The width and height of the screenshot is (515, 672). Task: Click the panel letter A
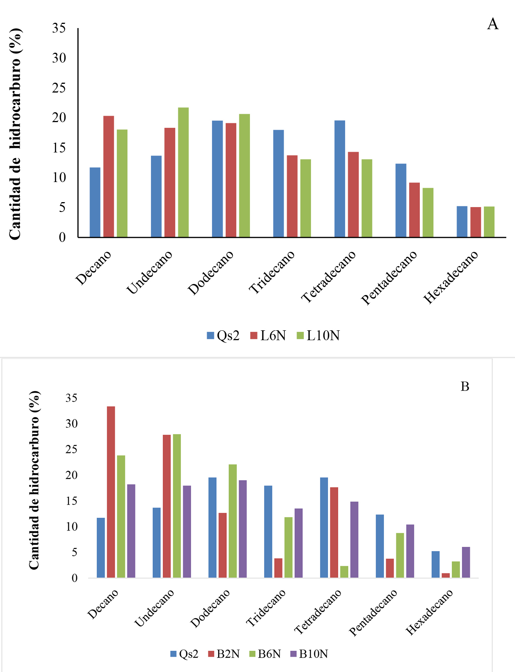coord(493,24)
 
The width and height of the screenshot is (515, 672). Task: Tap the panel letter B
coord(465,386)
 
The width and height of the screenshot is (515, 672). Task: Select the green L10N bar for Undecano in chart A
coord(183,173)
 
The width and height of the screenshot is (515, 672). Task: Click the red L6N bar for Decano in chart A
coord(108,177)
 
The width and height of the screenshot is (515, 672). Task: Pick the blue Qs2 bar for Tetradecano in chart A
coord(340,179)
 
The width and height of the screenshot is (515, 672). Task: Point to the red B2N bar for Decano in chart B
coord(111,492)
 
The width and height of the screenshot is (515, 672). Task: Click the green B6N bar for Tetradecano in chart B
coord(344,572)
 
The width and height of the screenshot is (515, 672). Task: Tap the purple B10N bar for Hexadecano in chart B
coord(466,562)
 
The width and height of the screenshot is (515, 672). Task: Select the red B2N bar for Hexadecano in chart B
coord(446,575)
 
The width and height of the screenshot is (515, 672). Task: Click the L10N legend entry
coord(318,336)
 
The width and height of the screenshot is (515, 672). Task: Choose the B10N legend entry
coord(309,654)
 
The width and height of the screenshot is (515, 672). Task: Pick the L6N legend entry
coord(268,336)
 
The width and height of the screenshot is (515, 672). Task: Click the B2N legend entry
coord(224,654)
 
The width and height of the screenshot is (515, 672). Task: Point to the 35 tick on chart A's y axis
coord(59,28)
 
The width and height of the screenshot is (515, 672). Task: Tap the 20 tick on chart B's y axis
coord(71,475)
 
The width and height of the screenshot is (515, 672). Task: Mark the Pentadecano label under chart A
coord(389,278)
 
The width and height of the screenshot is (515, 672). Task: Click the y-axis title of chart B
coord(34,480)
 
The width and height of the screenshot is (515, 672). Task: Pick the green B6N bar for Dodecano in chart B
coord(232,521)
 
